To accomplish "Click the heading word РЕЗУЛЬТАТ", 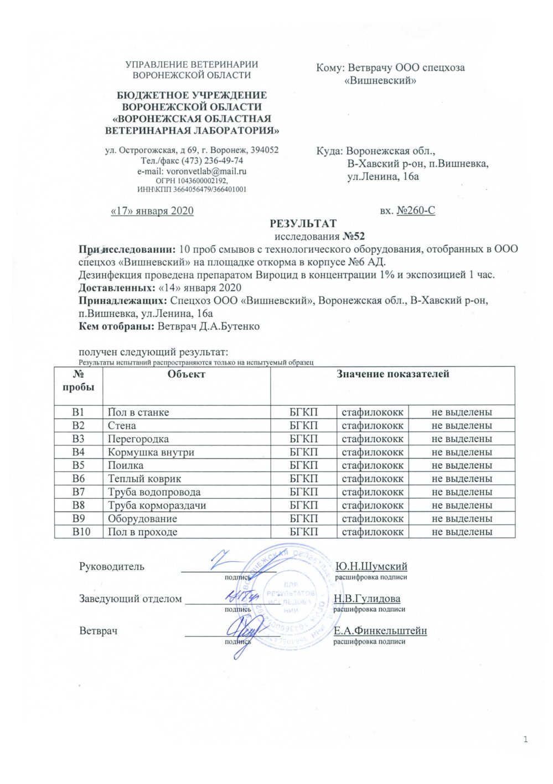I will [x=303, y=224].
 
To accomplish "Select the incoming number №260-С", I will [x=416, y=211].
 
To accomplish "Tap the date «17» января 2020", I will [x=152, y=211].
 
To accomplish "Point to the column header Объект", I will [x=187, y=375].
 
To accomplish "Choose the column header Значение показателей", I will [x=392, y=375].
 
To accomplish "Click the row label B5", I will [x=79, y=465].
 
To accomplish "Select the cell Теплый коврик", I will [x=144, y=479].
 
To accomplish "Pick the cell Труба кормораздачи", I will [x=157, y=505].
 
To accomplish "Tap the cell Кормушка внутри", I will [x=151, y=452].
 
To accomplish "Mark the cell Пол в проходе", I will [x=142, y=532].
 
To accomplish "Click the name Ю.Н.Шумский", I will [x=371, y=566].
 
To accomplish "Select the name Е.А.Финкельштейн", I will [x=380, y=631].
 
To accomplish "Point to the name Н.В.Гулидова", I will [x=367, y=598].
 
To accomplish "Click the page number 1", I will [x=525, y=740].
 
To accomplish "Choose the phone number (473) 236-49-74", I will [x=216, y=161].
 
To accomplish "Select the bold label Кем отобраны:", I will [x=117, y=326].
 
